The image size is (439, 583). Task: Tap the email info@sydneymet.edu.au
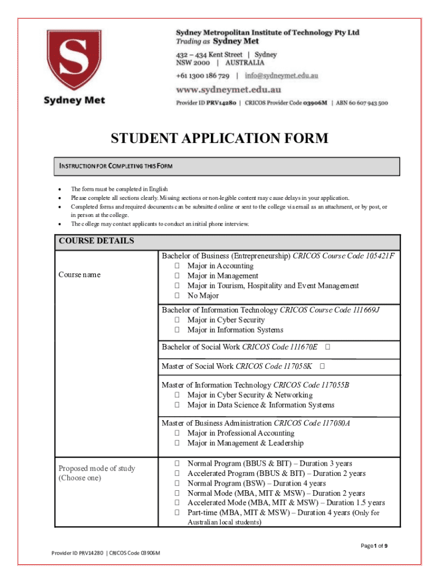click(x=282, y=75)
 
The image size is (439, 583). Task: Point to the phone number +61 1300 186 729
click(x=202, y=75)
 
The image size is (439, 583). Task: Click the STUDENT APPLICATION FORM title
click(x=219, y=138)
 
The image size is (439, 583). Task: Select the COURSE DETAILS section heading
click(x=96, y=241)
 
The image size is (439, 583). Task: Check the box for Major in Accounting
click(x=177, y=266)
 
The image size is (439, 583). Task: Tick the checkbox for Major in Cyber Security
click(x=177, y=320)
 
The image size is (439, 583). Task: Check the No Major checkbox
click(x=177, y=295)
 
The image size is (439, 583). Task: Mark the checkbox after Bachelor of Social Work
click(x=329, y=346)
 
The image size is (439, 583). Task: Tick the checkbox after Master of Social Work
click(x=322, y=366)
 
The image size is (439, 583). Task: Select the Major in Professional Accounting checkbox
click(x=177, y=433)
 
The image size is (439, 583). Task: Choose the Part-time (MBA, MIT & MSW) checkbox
click(x=177, y=512)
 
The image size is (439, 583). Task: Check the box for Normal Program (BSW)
click(x=177, y=483)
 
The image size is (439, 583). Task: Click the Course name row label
click(x=79, y=274)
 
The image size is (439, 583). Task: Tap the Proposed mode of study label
click(x=96, y=468)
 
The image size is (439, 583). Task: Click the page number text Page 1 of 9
click(x=375, y=546)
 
